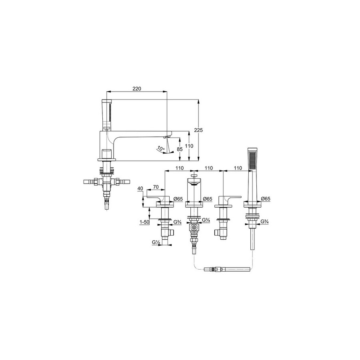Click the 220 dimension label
coord(137,89)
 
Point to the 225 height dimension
coord(198,130)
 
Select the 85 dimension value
coord(180,149)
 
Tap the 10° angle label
coord(161,148)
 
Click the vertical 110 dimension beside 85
coord(189,146)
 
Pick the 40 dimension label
coord(140,188)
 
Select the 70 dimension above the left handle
coord(156,187)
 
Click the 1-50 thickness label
coord(144,222)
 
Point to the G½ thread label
coord(156,242)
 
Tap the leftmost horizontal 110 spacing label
coord(180,168)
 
